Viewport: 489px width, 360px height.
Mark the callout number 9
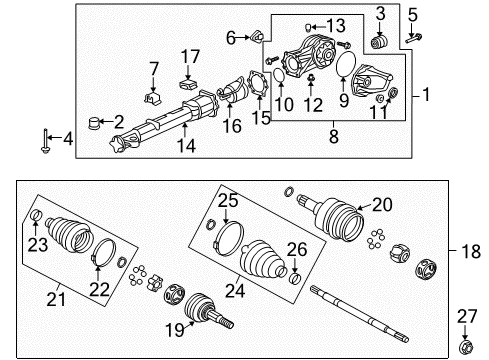[345, 100]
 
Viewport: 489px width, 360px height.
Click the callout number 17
[190, 55]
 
